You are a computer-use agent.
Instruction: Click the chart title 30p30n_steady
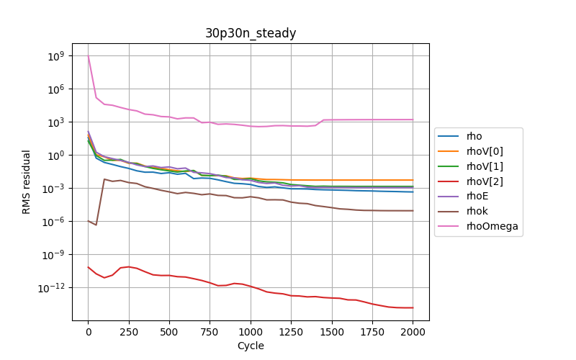[x=251, y=33]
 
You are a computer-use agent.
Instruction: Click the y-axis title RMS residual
[x=27, y=181]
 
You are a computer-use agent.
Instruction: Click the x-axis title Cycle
[x=251, y=346]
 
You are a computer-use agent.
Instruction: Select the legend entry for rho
[x=474, y=136]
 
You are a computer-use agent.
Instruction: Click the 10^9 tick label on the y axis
[x=58, y=56]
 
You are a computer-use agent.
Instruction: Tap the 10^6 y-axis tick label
[x=58, y=89]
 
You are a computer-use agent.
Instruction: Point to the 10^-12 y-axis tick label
[x=55, y=288]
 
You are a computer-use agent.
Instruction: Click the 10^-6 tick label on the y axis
[x=56, y=222]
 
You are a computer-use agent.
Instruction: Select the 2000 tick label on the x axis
[x=413, y=332]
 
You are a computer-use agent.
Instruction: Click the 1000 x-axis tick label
[x=251, y=332]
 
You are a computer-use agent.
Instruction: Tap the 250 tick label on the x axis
[x=129, y=332]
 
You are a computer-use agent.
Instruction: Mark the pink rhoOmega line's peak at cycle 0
[x=89, y=56]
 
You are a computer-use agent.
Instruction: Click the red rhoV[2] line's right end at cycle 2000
[x=413, y=307]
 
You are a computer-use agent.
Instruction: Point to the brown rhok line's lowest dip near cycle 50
[x=96, y=225]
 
